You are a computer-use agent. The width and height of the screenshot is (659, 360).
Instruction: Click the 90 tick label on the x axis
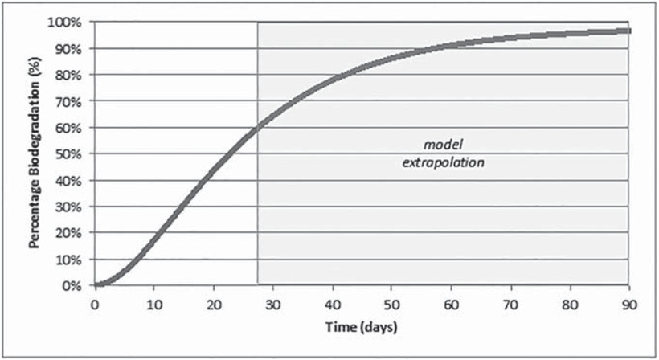629,304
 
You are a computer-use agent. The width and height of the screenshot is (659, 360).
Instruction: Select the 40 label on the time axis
333,304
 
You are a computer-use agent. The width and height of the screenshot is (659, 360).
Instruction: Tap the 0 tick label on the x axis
95,304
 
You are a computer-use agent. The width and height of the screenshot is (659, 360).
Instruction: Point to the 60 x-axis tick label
451,304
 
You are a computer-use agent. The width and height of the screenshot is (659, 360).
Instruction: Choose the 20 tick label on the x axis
214,304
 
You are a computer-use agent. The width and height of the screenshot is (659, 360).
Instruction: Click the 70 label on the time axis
510,304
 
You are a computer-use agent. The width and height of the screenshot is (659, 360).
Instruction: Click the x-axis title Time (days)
361,328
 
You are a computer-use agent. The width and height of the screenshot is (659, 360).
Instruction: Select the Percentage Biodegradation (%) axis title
37,153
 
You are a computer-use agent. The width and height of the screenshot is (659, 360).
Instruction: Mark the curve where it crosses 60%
257,128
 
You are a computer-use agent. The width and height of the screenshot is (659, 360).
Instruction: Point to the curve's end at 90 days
628,31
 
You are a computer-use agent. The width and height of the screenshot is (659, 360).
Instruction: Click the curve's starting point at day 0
96,284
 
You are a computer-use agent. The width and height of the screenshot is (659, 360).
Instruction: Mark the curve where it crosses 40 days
333,79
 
